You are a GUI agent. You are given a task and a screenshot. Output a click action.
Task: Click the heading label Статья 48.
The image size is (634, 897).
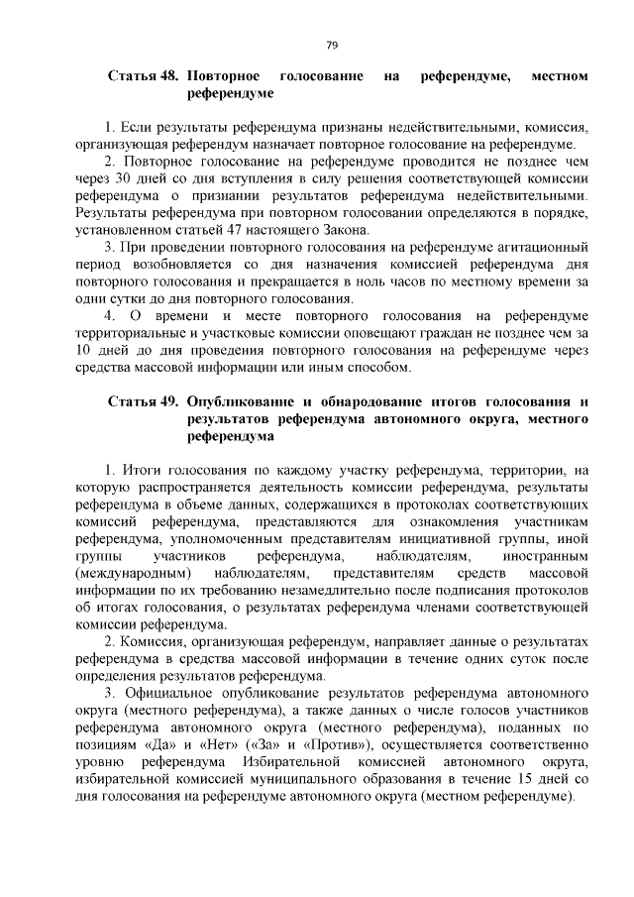(x=142, y=75)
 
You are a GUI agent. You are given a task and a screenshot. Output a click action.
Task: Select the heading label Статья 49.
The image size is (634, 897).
(x=142, y=401)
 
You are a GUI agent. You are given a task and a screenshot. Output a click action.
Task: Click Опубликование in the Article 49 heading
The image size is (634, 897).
(x=242, y=401)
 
